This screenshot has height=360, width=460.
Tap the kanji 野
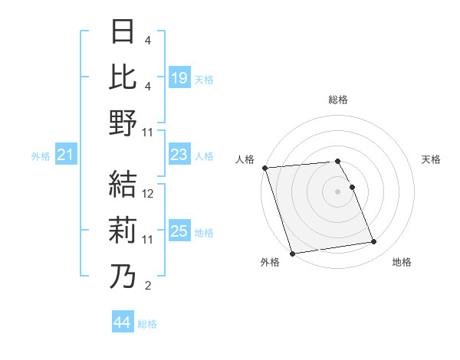123,122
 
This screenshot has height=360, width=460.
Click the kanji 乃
123,276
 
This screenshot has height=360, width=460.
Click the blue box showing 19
179,78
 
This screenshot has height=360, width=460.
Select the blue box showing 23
179,155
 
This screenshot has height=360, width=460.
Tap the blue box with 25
179,232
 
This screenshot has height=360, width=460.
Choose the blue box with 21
65,155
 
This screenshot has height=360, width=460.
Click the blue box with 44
123,322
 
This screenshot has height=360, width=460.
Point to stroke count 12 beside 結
149,194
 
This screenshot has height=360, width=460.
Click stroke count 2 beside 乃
148,286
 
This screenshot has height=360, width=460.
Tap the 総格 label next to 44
147,324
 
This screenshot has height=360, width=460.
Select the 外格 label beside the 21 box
41,156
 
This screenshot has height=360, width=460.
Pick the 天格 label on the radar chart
431,159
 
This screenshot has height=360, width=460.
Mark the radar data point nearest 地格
374,242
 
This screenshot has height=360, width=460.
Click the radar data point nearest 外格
292,253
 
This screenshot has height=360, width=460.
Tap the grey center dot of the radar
337,191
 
